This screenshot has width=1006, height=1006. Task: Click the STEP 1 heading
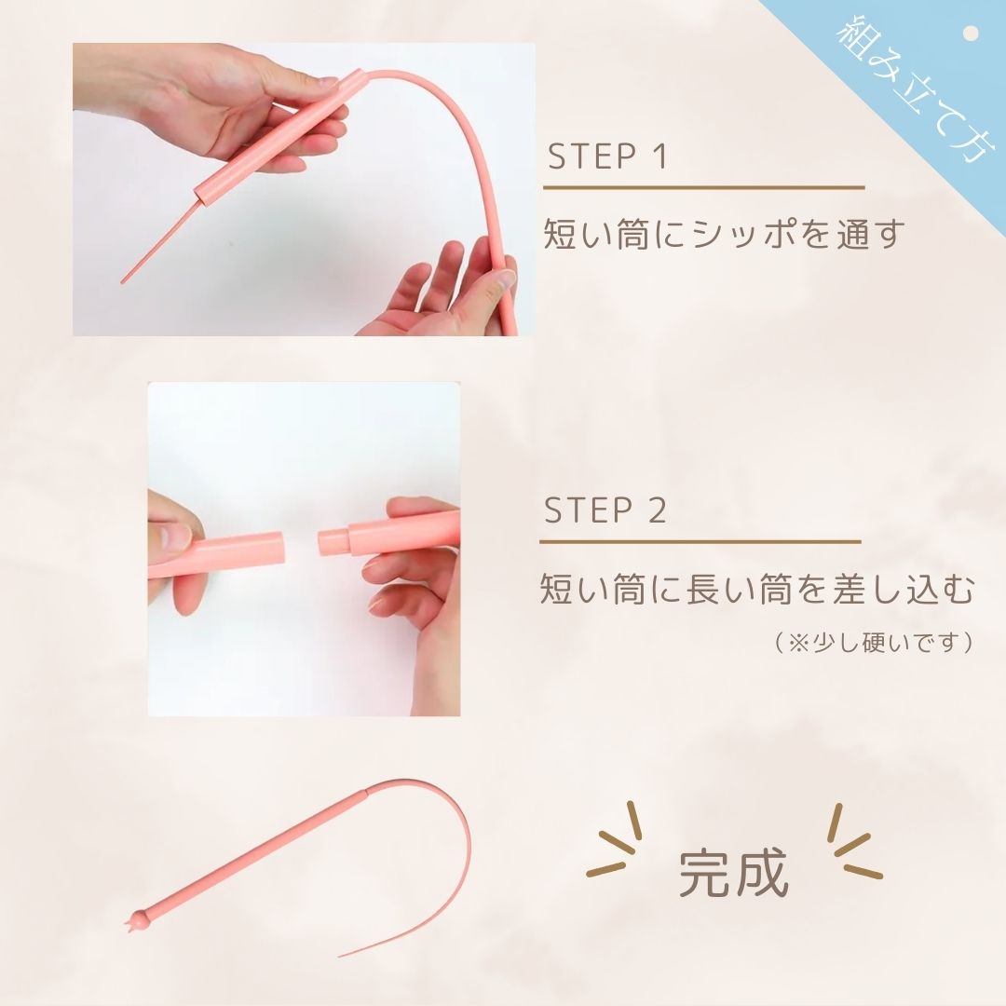[607, 156]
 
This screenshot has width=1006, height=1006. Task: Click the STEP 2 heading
[605, 510]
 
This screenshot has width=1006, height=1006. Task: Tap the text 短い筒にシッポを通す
[724, 234]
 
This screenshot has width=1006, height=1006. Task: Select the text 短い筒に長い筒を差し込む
[755, 590]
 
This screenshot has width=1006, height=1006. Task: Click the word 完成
[733, 872]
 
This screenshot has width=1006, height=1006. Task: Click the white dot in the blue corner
[971, 34]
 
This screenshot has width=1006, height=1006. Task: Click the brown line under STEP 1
[703, 188]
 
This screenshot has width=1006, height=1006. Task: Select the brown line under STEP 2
[700, 541]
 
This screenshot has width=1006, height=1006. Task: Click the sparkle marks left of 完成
[615, 843]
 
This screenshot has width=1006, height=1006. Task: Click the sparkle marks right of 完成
[851, 843]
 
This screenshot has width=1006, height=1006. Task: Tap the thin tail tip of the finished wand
[343, 954]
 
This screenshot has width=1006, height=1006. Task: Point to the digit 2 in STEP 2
[657, 510]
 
